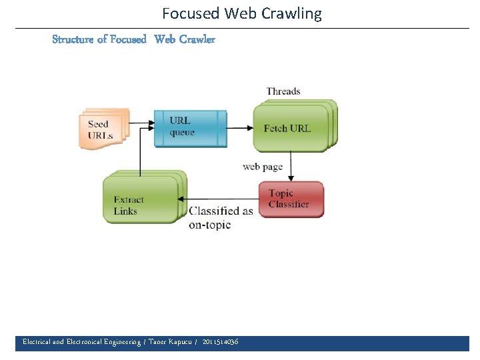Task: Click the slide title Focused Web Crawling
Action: [241, 13]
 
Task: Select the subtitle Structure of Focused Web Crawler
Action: [133, 39]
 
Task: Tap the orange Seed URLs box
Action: [103, 129]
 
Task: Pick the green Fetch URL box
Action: [290, 128]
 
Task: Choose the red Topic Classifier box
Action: [291, 199]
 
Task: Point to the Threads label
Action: [283, 91]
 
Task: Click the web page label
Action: [263, 166]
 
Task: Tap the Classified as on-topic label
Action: [221, 217]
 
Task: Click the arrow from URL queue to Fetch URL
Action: [240, 128]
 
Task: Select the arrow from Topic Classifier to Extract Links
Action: [220, 199]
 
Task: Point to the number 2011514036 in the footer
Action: [220, 342]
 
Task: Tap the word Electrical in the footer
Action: [37, 342]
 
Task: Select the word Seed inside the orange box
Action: [98, 124]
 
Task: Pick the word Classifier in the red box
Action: [289, 204]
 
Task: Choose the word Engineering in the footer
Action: [118, 342]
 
